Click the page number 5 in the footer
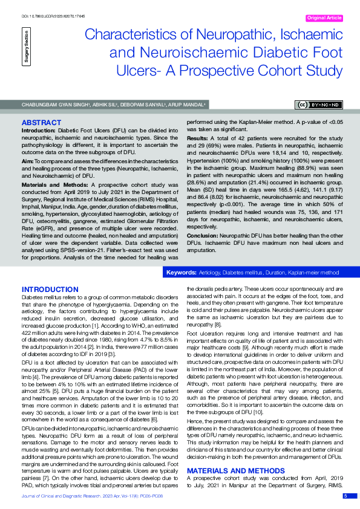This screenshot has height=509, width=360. (x=345, y=496)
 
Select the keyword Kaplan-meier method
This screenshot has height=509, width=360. (x=314, y=273)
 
